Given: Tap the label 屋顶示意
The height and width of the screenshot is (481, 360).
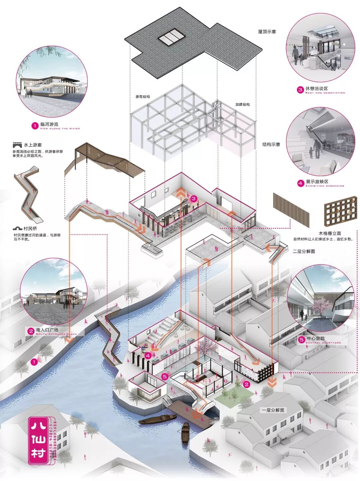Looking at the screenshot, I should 267,32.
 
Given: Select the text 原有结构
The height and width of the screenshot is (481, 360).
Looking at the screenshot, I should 143,97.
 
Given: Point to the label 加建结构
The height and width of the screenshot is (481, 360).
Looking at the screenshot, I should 242,104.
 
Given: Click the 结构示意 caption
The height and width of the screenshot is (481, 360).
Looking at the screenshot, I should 271,144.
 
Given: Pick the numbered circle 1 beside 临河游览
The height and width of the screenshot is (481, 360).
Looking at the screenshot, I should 35,126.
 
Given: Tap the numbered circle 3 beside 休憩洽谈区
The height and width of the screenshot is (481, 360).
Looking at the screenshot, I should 300,89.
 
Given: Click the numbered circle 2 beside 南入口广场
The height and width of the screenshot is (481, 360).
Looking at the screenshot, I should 31,331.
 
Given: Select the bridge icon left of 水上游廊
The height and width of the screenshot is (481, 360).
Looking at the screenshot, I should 17,145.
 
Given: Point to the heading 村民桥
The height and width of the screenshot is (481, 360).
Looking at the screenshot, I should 30,228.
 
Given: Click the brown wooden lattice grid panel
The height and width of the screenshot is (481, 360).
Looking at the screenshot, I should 339,212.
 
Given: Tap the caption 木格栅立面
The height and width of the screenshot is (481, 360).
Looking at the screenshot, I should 330,233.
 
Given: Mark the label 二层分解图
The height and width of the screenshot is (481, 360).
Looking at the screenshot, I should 304,251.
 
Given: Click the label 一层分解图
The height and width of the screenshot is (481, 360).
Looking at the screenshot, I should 273,410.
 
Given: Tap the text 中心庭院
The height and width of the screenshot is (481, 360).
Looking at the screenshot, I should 316,339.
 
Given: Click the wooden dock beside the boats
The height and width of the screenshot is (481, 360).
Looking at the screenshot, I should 187,412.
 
